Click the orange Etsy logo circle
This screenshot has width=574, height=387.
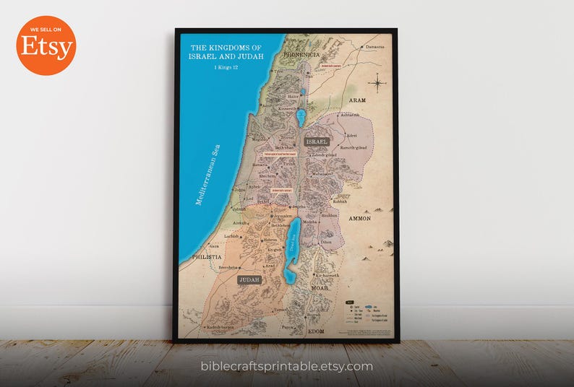pyautogui.click(x=46, y=45)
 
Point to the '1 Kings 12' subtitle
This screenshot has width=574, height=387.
pyautogui.click(x=225, y=67)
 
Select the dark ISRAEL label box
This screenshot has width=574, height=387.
pyautogui.click(x=317, y=142)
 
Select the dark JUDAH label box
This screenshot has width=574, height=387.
pyautogui.click(x=249, y=279)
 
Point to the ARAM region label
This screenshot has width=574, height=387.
pyautogui.click(x=357, y=100)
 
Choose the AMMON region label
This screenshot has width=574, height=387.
pyautogui.click(x=359, y=218)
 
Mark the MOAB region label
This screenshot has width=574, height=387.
pyautogui.click(x=320, y=288)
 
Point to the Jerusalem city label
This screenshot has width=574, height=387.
pyautogui.click(x=282, y=216)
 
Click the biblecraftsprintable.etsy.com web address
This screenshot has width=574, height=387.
pyautogui.click(x=287, y=366)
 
